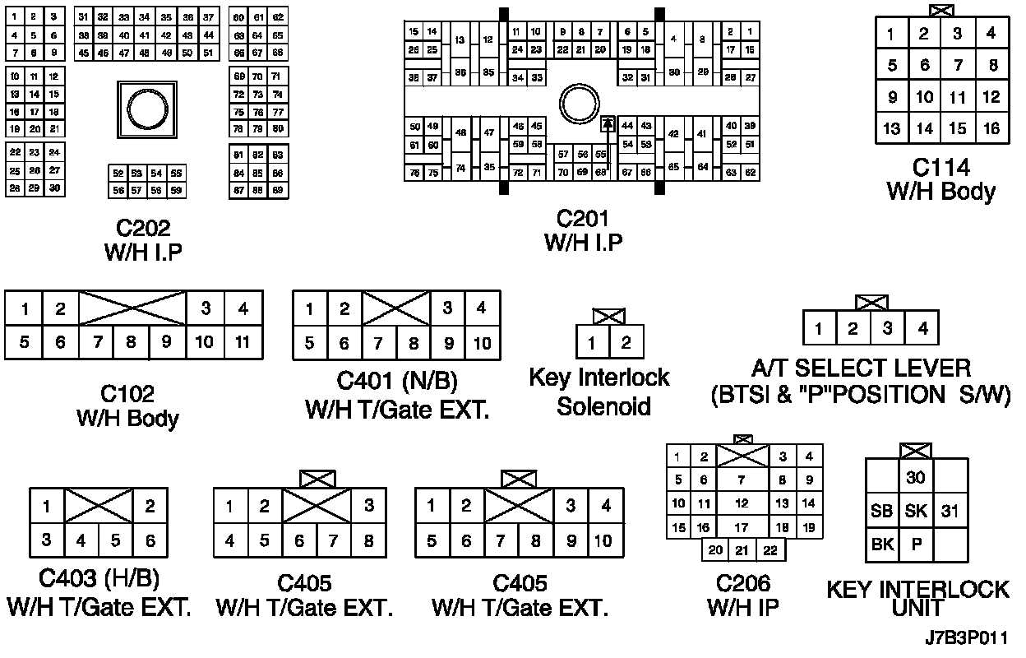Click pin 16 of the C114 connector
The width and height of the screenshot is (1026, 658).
[991, 129]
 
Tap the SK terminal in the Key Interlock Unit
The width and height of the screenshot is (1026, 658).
[916, 511]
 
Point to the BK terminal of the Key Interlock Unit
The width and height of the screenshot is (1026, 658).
[882, 544]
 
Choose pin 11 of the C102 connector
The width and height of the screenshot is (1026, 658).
[243, 341]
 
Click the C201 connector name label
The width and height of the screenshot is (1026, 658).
[582, 219]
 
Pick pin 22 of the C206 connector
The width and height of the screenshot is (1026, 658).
[770, 550]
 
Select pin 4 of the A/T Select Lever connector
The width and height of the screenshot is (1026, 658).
[922, 329]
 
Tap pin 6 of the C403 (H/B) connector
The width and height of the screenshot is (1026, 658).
[150, 540]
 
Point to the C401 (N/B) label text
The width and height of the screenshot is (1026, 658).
[397, 382]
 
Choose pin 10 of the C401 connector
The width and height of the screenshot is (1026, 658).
[483, 343]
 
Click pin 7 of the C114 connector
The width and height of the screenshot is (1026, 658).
[957, 66]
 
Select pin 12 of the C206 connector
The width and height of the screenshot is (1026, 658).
[742, 503]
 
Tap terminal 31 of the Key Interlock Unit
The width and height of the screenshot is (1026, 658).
[950, 511]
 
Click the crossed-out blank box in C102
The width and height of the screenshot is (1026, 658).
[132, 308]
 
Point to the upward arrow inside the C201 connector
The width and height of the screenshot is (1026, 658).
[608, 124]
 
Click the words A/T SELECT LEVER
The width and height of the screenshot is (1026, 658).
[860, 368]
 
